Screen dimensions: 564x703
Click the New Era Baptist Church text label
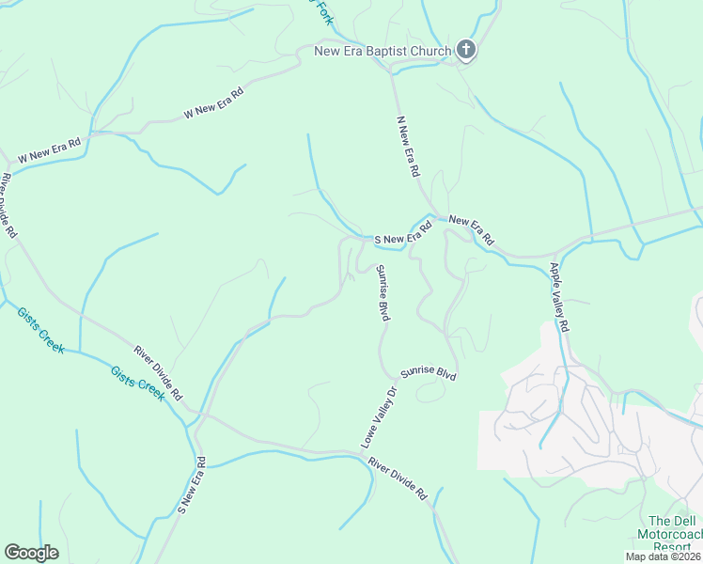pos(383,51)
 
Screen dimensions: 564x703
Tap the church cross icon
pos(466,51)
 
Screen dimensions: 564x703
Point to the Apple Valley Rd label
pos(560,296)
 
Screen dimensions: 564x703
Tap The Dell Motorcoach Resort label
pos(672,534)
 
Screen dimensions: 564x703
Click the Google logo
pos(31,553)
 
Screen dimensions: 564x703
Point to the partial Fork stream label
pos(323,10)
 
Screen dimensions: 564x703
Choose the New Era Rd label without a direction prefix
pos(471,230)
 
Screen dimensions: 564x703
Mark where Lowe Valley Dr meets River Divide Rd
pos(362,454)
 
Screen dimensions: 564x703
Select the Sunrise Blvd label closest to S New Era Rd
pos(383,293)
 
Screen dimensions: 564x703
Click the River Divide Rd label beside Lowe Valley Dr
pos(398,478)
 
